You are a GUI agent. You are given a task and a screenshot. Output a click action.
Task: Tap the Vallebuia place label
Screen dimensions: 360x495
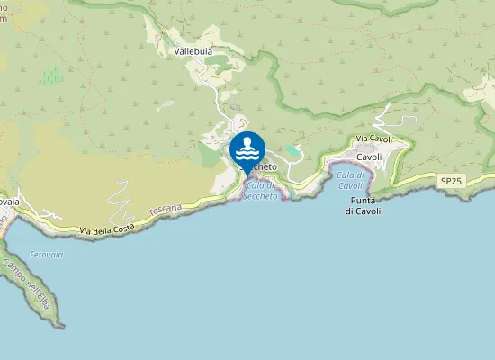click(x=193, y=53)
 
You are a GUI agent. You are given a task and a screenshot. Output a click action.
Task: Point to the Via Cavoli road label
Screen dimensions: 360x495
click(x=374, y=139)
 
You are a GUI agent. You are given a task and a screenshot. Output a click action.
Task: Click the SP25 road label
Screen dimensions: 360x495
click(x=451, y=181)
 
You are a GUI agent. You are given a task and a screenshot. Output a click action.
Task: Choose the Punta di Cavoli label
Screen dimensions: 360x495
click(x=363, y=205)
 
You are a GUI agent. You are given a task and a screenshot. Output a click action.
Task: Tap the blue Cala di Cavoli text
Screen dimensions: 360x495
click(x=349, y=179)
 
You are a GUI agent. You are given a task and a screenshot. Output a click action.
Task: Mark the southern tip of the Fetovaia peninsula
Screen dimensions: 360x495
click(x=60, y=323)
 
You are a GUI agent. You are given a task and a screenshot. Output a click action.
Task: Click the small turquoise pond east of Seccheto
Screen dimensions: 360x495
click(x=291, y=150)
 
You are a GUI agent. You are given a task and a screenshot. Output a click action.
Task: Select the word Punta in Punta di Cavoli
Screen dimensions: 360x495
click(x=363, y=200)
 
